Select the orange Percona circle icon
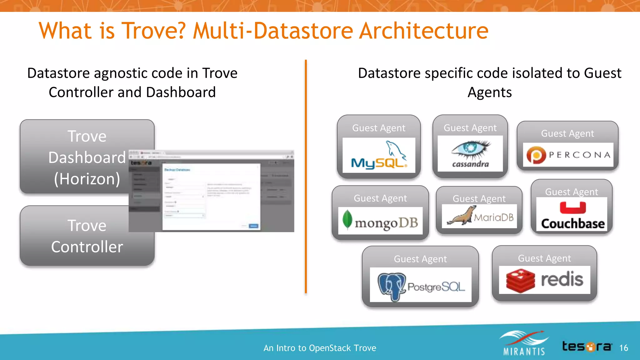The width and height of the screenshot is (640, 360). point(536,155)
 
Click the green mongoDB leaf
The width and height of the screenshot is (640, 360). point(347,219)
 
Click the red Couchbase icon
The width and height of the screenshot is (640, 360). point(572,208)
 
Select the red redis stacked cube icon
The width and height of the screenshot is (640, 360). point(520,280)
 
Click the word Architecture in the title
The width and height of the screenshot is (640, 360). point(423,31)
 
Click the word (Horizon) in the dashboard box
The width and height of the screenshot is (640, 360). point(87,179)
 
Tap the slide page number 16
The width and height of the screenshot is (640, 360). point(623,348)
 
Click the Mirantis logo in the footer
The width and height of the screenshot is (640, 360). point(524,343)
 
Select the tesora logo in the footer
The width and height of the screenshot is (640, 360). point(587,347)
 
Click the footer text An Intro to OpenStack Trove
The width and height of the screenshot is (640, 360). point(320,348)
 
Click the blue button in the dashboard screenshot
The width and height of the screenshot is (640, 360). point(253,226)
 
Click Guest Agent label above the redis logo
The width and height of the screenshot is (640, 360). point(544,258)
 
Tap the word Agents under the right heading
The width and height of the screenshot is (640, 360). point(489,92)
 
